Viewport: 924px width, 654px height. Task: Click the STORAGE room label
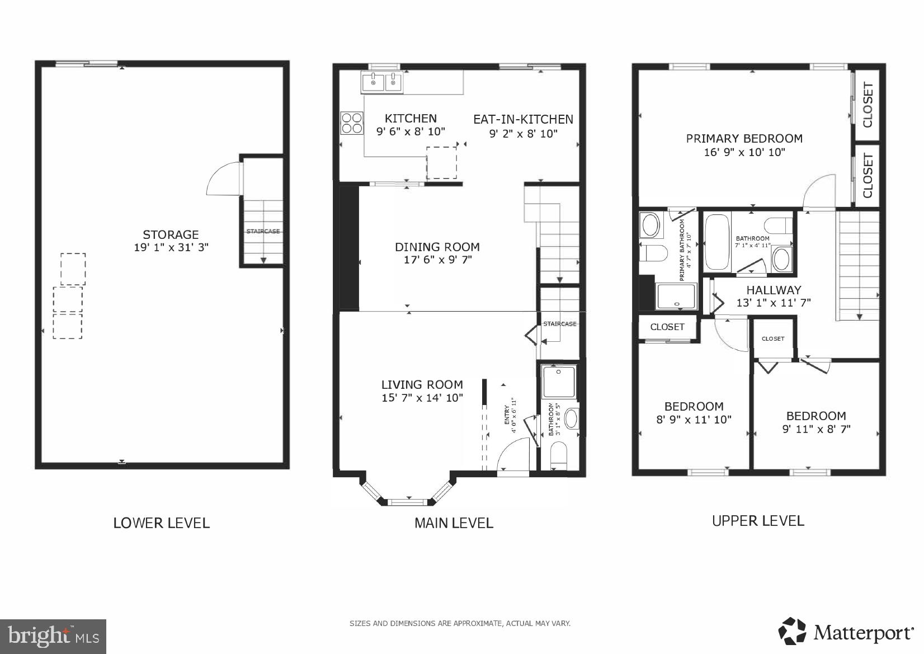171,234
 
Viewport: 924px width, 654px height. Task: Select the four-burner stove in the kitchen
352,123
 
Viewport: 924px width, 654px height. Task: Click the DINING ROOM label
437,247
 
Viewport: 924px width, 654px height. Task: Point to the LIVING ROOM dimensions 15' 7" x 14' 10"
422,398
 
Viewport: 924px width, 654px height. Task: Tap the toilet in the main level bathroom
559,455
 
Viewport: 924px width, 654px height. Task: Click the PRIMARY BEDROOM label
744,138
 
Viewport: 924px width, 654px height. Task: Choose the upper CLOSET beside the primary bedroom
868,105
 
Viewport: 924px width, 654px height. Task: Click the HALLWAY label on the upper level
774,290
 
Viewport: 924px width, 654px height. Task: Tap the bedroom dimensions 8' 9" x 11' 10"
694,420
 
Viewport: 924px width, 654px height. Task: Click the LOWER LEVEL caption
161,523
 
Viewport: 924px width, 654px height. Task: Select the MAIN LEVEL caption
454,523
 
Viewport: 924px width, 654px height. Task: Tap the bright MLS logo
53,636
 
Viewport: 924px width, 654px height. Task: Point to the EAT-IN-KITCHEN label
523,119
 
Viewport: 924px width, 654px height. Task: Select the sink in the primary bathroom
650,226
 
